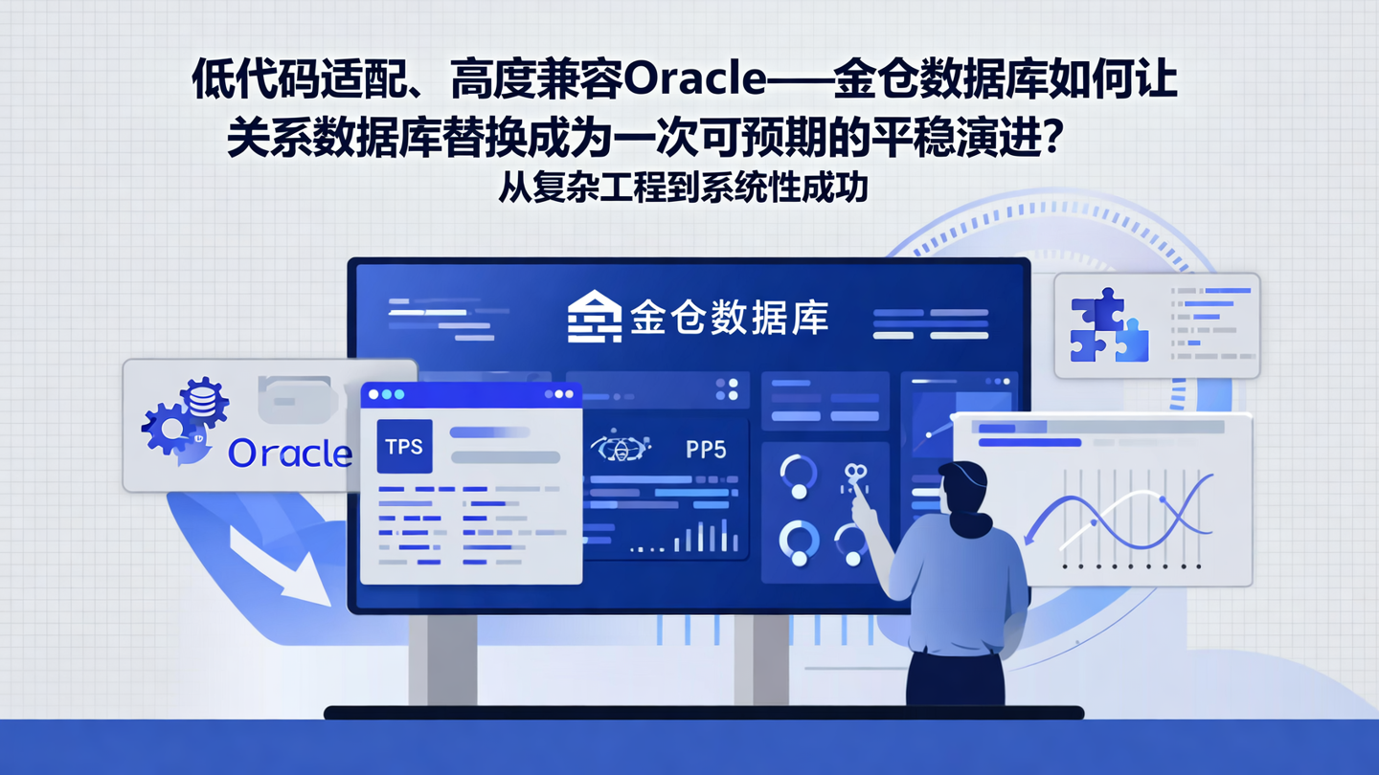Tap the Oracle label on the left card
(290, 453)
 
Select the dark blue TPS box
(404, 446)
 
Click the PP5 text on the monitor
(706, 449)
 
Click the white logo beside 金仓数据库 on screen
(594, 316)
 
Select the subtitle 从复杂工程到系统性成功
(683, 187)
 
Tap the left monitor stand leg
(442, 660)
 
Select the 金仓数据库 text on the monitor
(729, 317)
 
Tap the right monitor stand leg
(762, 660)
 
